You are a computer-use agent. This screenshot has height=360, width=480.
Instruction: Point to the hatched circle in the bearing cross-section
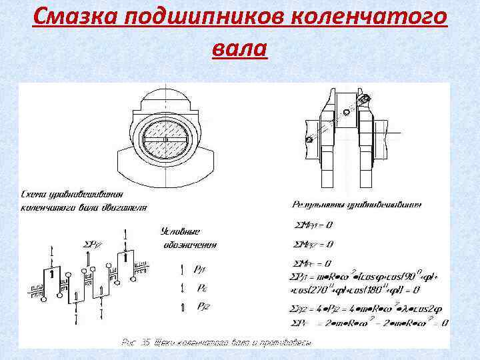click(x=166, y=139)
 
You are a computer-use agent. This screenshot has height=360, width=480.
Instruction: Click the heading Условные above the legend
click(x=181, y=231)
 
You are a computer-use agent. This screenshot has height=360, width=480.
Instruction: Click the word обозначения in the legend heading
click(x=191, y=245)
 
